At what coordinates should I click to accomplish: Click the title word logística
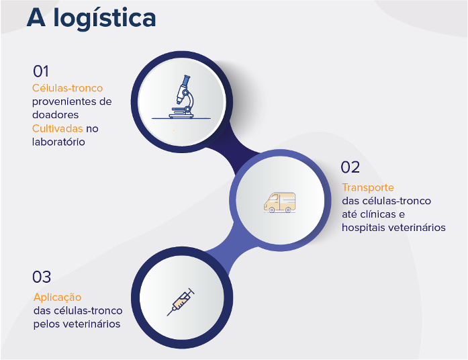[x=105, y=19]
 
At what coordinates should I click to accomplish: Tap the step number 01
[x=40, y=71]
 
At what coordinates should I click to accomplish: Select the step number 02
[x=350, y=167]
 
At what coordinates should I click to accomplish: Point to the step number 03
[x=42, y=277]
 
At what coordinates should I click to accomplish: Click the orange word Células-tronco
[x=67, y=88]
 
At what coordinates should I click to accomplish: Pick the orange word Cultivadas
[x=57, y=129]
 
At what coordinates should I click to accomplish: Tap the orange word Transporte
[x=368, y=188]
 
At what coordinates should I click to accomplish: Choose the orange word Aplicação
[x=57, y=298]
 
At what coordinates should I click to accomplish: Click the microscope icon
[x=181, y=97]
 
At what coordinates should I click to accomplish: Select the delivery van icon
[x=280, y=202]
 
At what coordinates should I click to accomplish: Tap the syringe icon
[x=181, y=302]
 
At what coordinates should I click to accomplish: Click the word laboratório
[x=58, y=142]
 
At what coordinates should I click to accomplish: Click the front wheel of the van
[x=272, y=210]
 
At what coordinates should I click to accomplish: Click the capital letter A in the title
[x=36, y=18]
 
